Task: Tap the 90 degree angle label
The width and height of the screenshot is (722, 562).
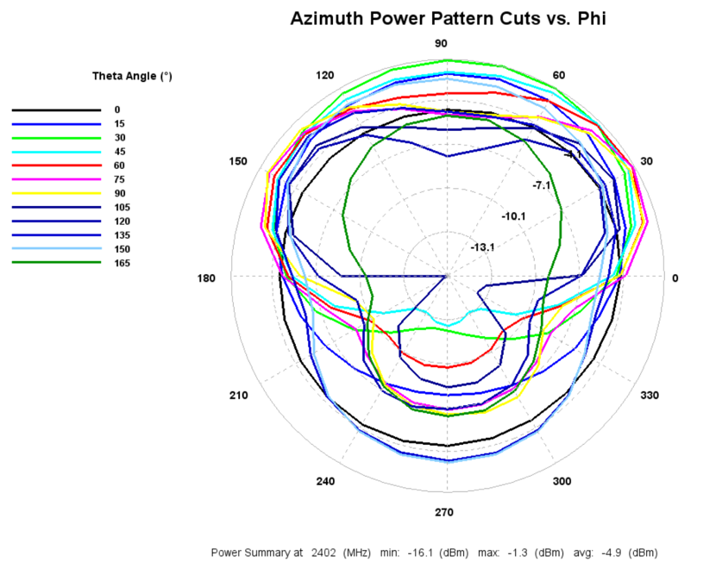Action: pos(441,44)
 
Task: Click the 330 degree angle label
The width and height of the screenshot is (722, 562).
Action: pos(650,395)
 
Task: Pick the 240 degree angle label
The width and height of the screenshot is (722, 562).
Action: pos(324,482)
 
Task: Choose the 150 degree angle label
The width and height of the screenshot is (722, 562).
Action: pos(238,161)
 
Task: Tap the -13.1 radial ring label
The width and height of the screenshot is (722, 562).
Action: pos(482,247)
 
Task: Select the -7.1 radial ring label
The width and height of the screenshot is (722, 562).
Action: pos(543,185)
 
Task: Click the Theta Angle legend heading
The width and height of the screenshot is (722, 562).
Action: pos(132,76)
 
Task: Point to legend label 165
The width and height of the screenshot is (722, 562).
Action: pos(122,263)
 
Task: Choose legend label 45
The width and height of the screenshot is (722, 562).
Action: pos(119,152)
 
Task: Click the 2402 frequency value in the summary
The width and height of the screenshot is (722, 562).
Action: pos(323,551)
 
